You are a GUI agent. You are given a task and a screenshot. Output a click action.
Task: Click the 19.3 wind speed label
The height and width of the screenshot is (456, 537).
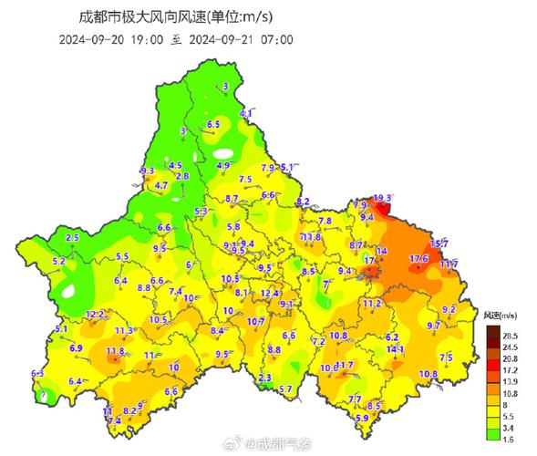383,198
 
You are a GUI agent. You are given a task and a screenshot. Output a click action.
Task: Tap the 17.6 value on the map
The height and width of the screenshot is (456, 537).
419,259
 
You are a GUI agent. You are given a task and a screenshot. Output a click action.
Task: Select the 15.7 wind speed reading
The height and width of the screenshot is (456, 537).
439,244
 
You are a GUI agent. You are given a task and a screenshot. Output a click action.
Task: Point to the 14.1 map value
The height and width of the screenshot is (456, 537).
395,349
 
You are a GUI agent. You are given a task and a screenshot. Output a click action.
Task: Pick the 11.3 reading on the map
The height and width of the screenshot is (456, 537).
125,330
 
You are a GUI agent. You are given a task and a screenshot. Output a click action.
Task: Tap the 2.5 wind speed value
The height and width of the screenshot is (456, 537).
73,237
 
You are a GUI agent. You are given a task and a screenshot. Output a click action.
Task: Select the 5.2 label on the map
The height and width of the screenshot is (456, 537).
59,261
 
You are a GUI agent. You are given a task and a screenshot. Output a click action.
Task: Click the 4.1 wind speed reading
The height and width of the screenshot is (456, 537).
245,113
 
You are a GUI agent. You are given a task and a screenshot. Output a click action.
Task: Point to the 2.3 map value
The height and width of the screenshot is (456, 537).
265,378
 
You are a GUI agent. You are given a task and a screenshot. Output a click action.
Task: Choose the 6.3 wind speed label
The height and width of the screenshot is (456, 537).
37,374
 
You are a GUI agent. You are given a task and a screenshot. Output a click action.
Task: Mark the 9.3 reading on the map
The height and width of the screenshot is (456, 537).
148,171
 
